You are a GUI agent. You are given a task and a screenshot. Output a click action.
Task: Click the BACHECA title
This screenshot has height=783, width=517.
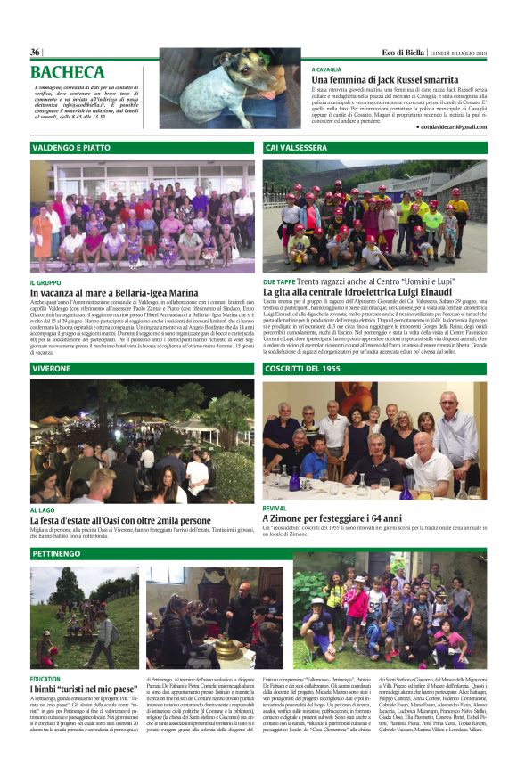68,72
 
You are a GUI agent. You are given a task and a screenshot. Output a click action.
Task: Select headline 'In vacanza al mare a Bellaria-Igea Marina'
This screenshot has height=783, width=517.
114,292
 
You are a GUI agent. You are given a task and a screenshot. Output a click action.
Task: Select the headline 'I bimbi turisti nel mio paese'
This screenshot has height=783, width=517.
84,689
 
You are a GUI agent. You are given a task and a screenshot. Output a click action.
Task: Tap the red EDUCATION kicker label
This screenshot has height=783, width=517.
45,679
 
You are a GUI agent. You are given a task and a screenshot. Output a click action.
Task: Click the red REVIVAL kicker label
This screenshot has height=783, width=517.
275,508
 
